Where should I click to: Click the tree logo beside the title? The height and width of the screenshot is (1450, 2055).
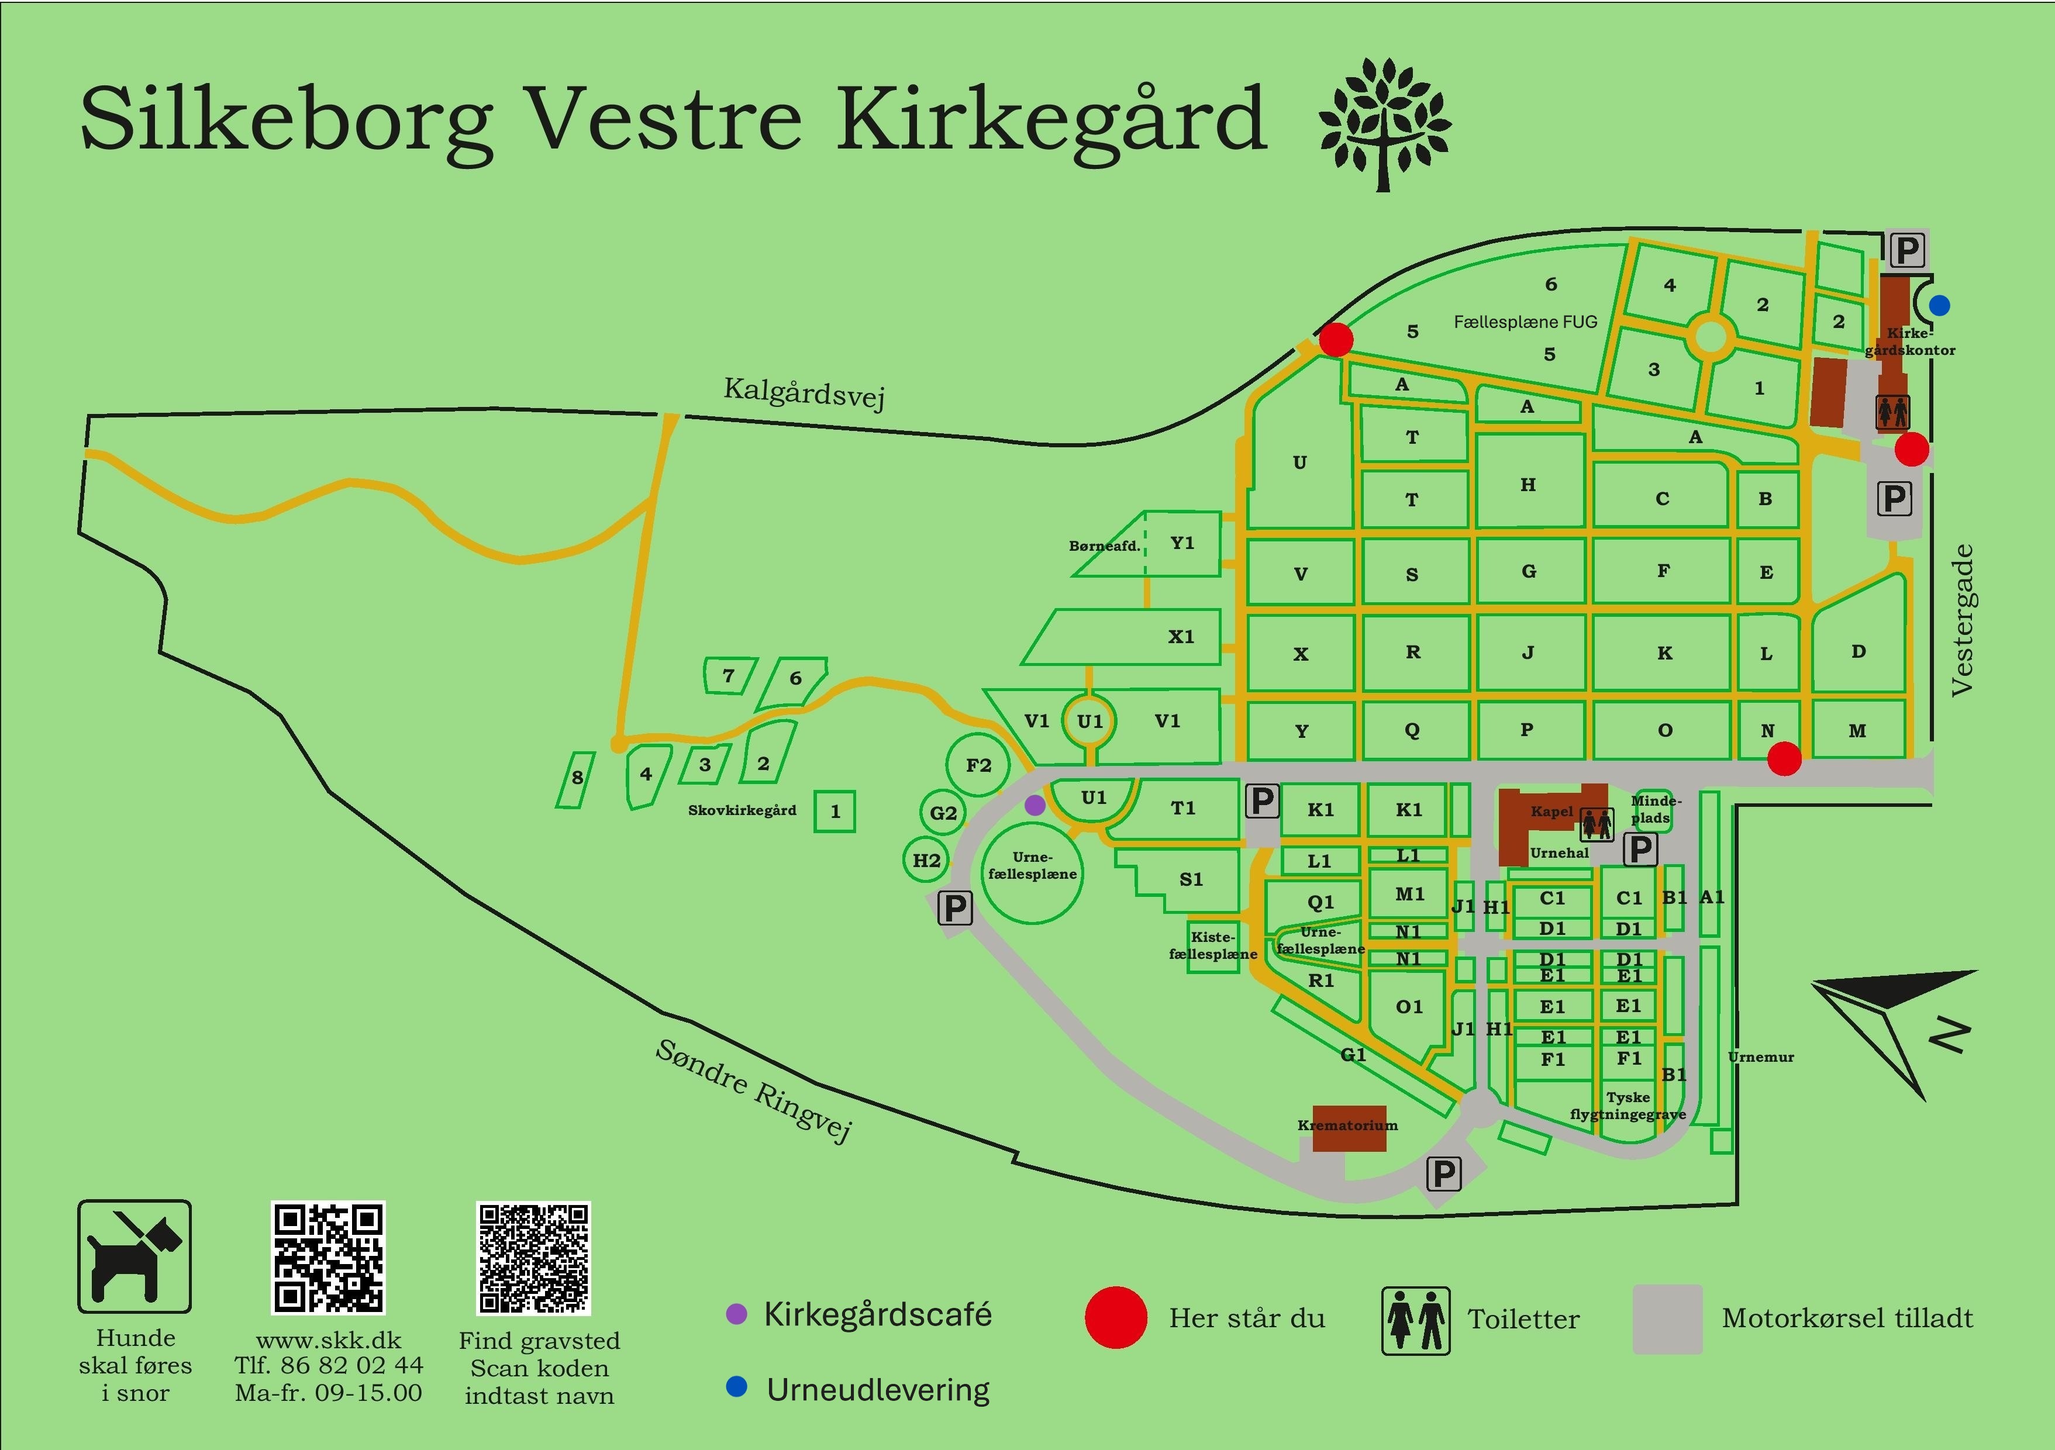[x=1385, y=125]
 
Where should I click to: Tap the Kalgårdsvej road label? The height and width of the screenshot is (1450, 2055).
[x=804, y=392]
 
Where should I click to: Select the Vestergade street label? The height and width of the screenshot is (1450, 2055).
[x=1962, y=619]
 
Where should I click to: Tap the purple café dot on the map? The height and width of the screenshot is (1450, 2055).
[x=1035, y=805]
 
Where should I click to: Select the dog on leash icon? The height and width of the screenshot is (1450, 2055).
[x=135, y=1256]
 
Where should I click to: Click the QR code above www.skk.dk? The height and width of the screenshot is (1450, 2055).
[x=329, y=1258]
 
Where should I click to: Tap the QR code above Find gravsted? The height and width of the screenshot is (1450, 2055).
[x=533, y=1258]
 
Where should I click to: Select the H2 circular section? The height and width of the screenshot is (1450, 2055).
[x=926, y=860]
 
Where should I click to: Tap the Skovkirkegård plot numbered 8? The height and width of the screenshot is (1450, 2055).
[x=577, y=779]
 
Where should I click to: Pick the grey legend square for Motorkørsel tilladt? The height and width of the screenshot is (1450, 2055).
[x=1667, y=1318]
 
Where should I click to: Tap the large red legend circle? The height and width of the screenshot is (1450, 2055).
[x=1115, y=1317]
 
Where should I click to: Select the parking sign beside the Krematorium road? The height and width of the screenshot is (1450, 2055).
[x=1443, y=1173]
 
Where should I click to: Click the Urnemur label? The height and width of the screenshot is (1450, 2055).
[x=1760, y=1057]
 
